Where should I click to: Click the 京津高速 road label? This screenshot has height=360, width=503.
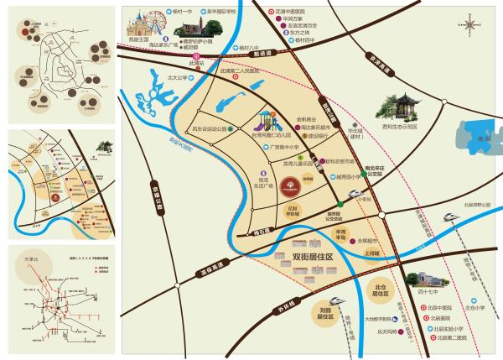point(154,195)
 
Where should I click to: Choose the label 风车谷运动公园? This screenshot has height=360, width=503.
point(210,129)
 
